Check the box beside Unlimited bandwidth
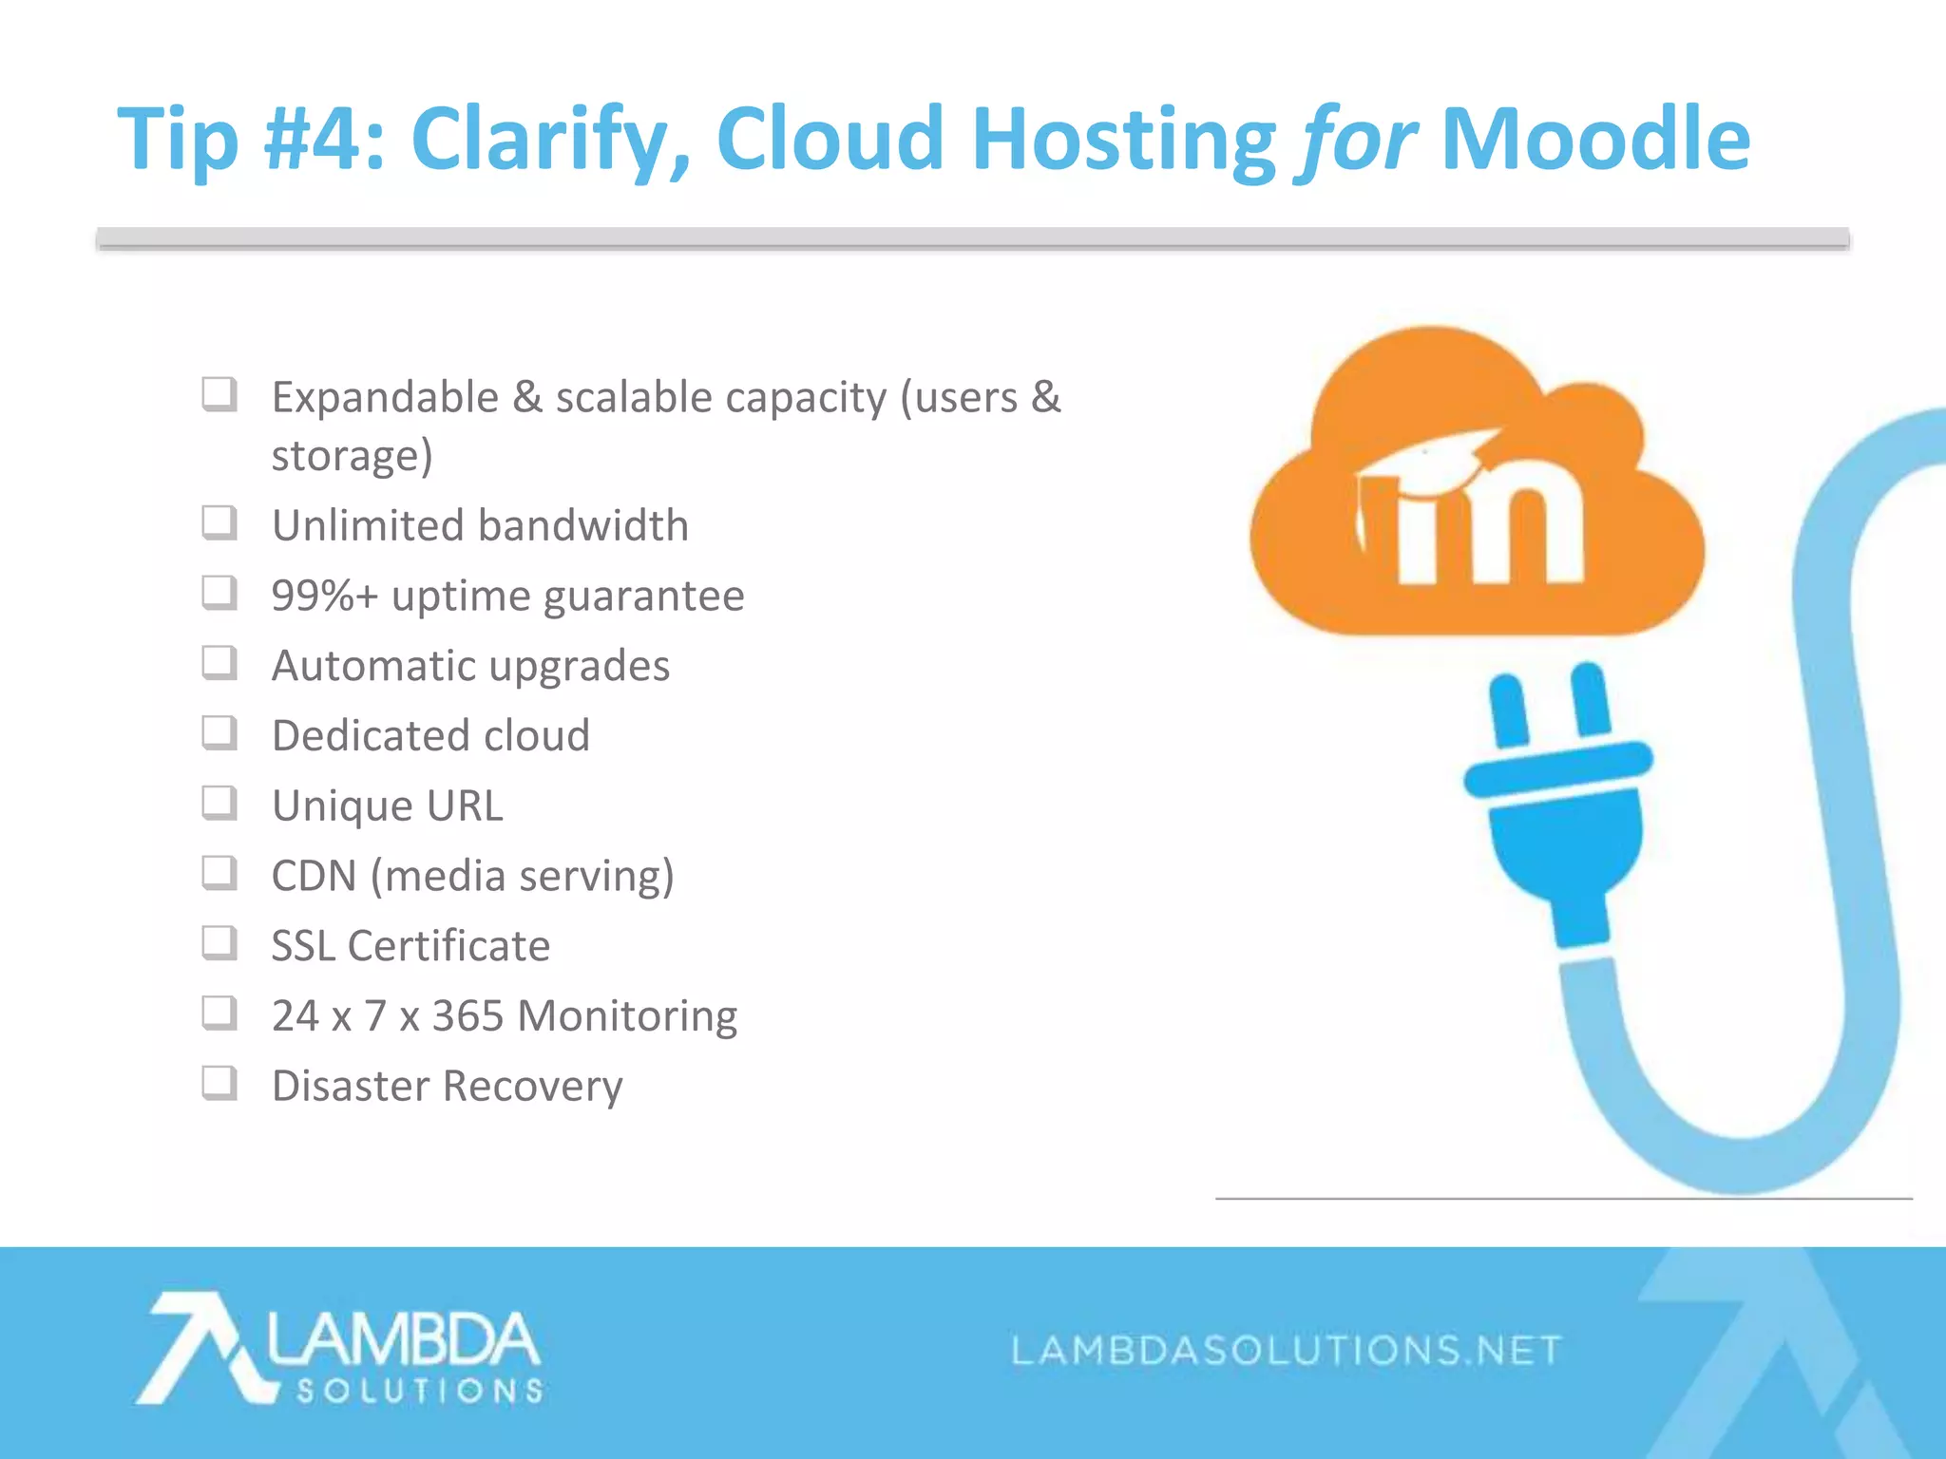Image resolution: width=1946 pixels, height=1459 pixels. click(x=219, y=522)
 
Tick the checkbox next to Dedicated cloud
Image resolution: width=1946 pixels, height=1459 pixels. click(x=219, y=732)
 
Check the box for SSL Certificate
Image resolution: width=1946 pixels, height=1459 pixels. click(x=219, y=943)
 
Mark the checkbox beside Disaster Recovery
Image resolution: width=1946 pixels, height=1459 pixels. click(x=219, y=1083)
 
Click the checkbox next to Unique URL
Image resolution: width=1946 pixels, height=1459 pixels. click(x=219, y=803)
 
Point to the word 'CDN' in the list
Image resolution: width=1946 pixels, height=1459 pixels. click(x=313, y=876)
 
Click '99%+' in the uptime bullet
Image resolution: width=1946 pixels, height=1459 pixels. click(x=324, y=597)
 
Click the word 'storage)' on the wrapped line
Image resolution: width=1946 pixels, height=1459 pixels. click(x=352, y=456)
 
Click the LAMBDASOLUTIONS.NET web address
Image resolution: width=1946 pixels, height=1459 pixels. click(x=1286, y=1350)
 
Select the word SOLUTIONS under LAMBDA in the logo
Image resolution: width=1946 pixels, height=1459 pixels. click(x=419, y=1391)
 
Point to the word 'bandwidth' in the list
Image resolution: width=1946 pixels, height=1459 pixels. click(x=584, y=525)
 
